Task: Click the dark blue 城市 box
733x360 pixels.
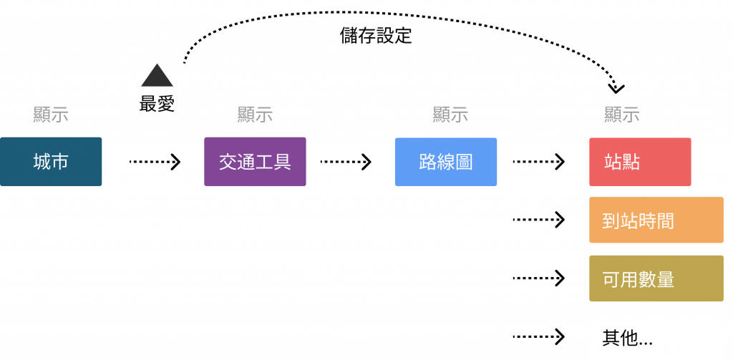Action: tap(51, 162)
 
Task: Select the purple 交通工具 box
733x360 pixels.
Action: tap(255, 162)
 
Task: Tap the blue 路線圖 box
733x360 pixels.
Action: tap(445, 162)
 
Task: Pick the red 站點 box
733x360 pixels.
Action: tap(639, 162)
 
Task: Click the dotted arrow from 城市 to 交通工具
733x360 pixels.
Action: tap(155, 162)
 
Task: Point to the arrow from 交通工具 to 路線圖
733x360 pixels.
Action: tap(346, 162)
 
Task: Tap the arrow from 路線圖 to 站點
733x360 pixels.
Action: tap(538, 162)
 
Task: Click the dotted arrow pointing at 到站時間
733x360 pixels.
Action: tap(538, 220)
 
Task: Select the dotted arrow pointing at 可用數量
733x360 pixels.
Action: tap(538, 278)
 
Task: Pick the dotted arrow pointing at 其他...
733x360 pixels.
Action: tap(538, 336)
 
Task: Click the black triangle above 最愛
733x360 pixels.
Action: tap(156, 75)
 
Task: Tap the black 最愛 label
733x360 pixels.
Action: tap(157, 104)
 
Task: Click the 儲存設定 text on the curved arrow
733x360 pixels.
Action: tap(377, 36)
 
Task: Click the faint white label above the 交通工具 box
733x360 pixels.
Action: tap(255, 114)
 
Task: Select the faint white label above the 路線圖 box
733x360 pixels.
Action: tap(445, 114)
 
